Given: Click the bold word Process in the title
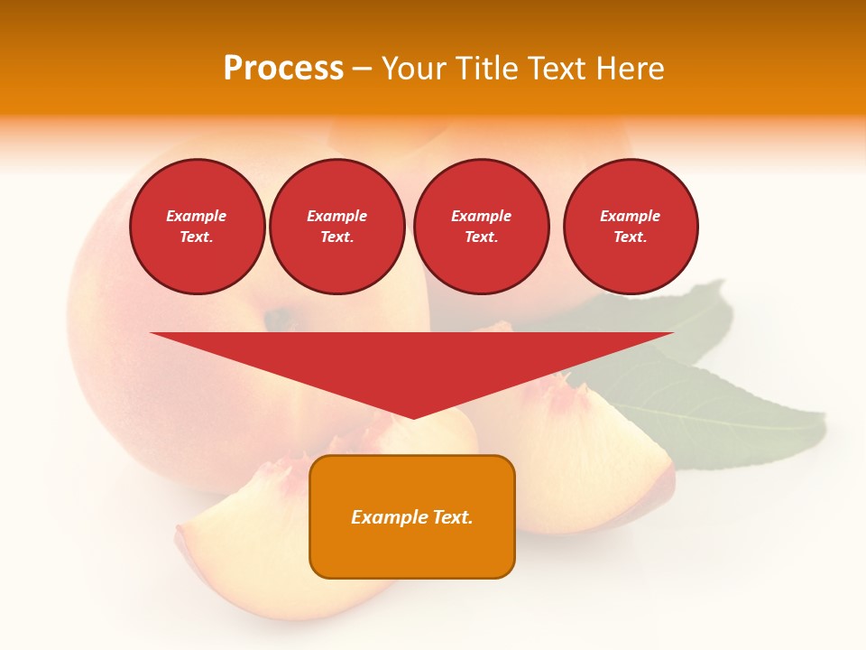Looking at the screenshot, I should pyautogui.click(x=283, y=69).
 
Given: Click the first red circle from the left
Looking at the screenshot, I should pyautogui.click(x=197, y=226).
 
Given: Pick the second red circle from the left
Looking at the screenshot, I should pyautogui.click(x=336, y=226).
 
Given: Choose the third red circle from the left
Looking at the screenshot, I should pyautogui.click(x=481, y=226).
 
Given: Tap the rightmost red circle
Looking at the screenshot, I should pyautogui.click(x=631, y=226).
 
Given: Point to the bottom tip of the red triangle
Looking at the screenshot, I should pyautogui.click(x=413, y=417).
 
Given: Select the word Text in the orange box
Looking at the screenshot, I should pyautogui.click(x=452, y=517).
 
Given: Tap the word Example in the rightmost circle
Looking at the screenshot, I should pyautogui.click(x=630, y=216).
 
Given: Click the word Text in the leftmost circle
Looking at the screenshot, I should pyautogui.click(x=196, y=237).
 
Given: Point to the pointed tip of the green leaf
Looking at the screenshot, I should pyautogui.click(x=823, y=416).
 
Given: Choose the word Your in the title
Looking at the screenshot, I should pyautogui.click(x=415, y=69).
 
